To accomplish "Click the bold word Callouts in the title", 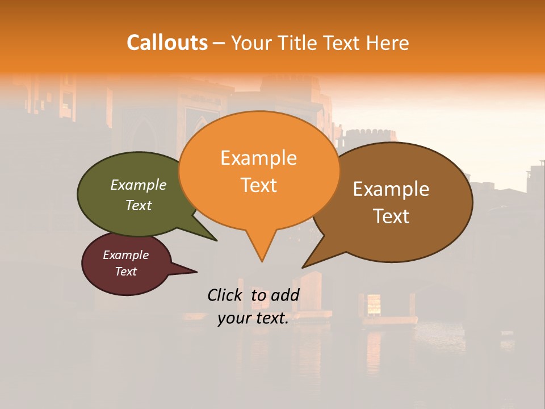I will pyautogui.click(x=167, y=43).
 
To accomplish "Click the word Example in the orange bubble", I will pyautogui.click(x=258, y=158).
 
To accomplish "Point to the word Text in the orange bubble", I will pyautogui.click(x=258, y=185).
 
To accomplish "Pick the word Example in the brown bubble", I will pyautogui.click(x=391, y=189).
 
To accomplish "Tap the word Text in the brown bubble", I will pyautogui.click(x=391, y=216).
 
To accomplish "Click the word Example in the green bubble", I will pyautogui.click(x=139, y=185).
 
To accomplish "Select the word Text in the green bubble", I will pyautogui.click(x=139, y=205).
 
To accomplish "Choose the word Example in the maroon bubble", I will pyautogui.click(x=125, y=255).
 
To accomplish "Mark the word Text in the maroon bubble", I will pyautogui.click(x=125, y=272).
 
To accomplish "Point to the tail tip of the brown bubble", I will pyautogui.click(x=304, y=266).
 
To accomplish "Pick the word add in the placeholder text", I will pyautogui.click(x=285, y=295).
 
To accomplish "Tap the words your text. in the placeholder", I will pyautogui.click(x=253, y=318).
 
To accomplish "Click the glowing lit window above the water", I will pyautogui.click(x=374, y=303).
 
